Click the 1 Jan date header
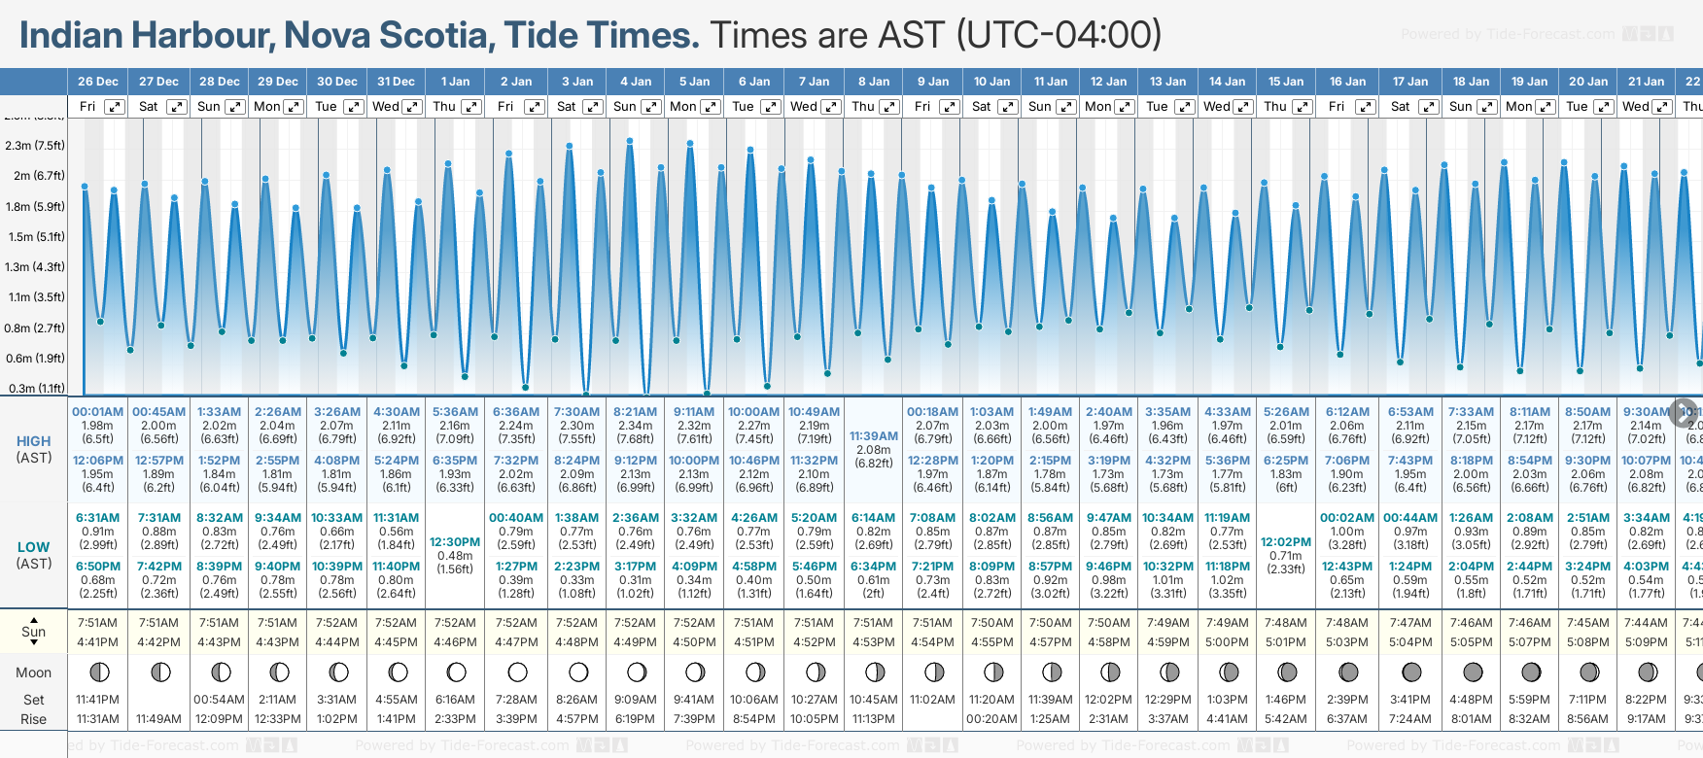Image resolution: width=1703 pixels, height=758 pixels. [x=455, y=82]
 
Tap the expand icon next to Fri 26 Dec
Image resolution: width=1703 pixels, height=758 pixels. [x=115, y=107]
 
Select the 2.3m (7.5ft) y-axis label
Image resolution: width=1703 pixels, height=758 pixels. [x=35, y=146]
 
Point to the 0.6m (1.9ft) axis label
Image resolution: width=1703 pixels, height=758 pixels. [x=35, y=358]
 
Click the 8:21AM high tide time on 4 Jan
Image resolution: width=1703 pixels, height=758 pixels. [x=635, y=412]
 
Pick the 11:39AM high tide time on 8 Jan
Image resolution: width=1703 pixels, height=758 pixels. [x=873, y=436]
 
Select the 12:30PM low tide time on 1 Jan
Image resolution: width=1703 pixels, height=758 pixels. [x=455, y=542]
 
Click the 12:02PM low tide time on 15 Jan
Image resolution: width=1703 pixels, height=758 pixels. [x=1286, y=542]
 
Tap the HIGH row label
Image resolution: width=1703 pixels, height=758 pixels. [x=34, y=441]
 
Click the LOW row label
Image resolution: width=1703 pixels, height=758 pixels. [x=34, y=547]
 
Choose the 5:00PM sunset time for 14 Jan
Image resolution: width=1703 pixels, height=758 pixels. [x=1227, y=642]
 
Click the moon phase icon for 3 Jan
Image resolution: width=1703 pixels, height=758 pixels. [x=578, y=672]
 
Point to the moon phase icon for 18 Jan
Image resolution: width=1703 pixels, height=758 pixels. [x=1472, y=672]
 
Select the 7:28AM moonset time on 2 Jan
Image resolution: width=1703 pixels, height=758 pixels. [x=516, y=700]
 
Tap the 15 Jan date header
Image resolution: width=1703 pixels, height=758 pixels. [x=1287, y=82]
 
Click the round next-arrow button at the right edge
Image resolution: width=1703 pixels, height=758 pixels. [x=1684, y=412]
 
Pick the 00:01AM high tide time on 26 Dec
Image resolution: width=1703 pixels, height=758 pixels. [x=97, y=412]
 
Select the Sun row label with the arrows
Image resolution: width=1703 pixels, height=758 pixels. [x=34, y=632]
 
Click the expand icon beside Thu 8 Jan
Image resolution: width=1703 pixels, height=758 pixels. [x=888, y=107]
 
